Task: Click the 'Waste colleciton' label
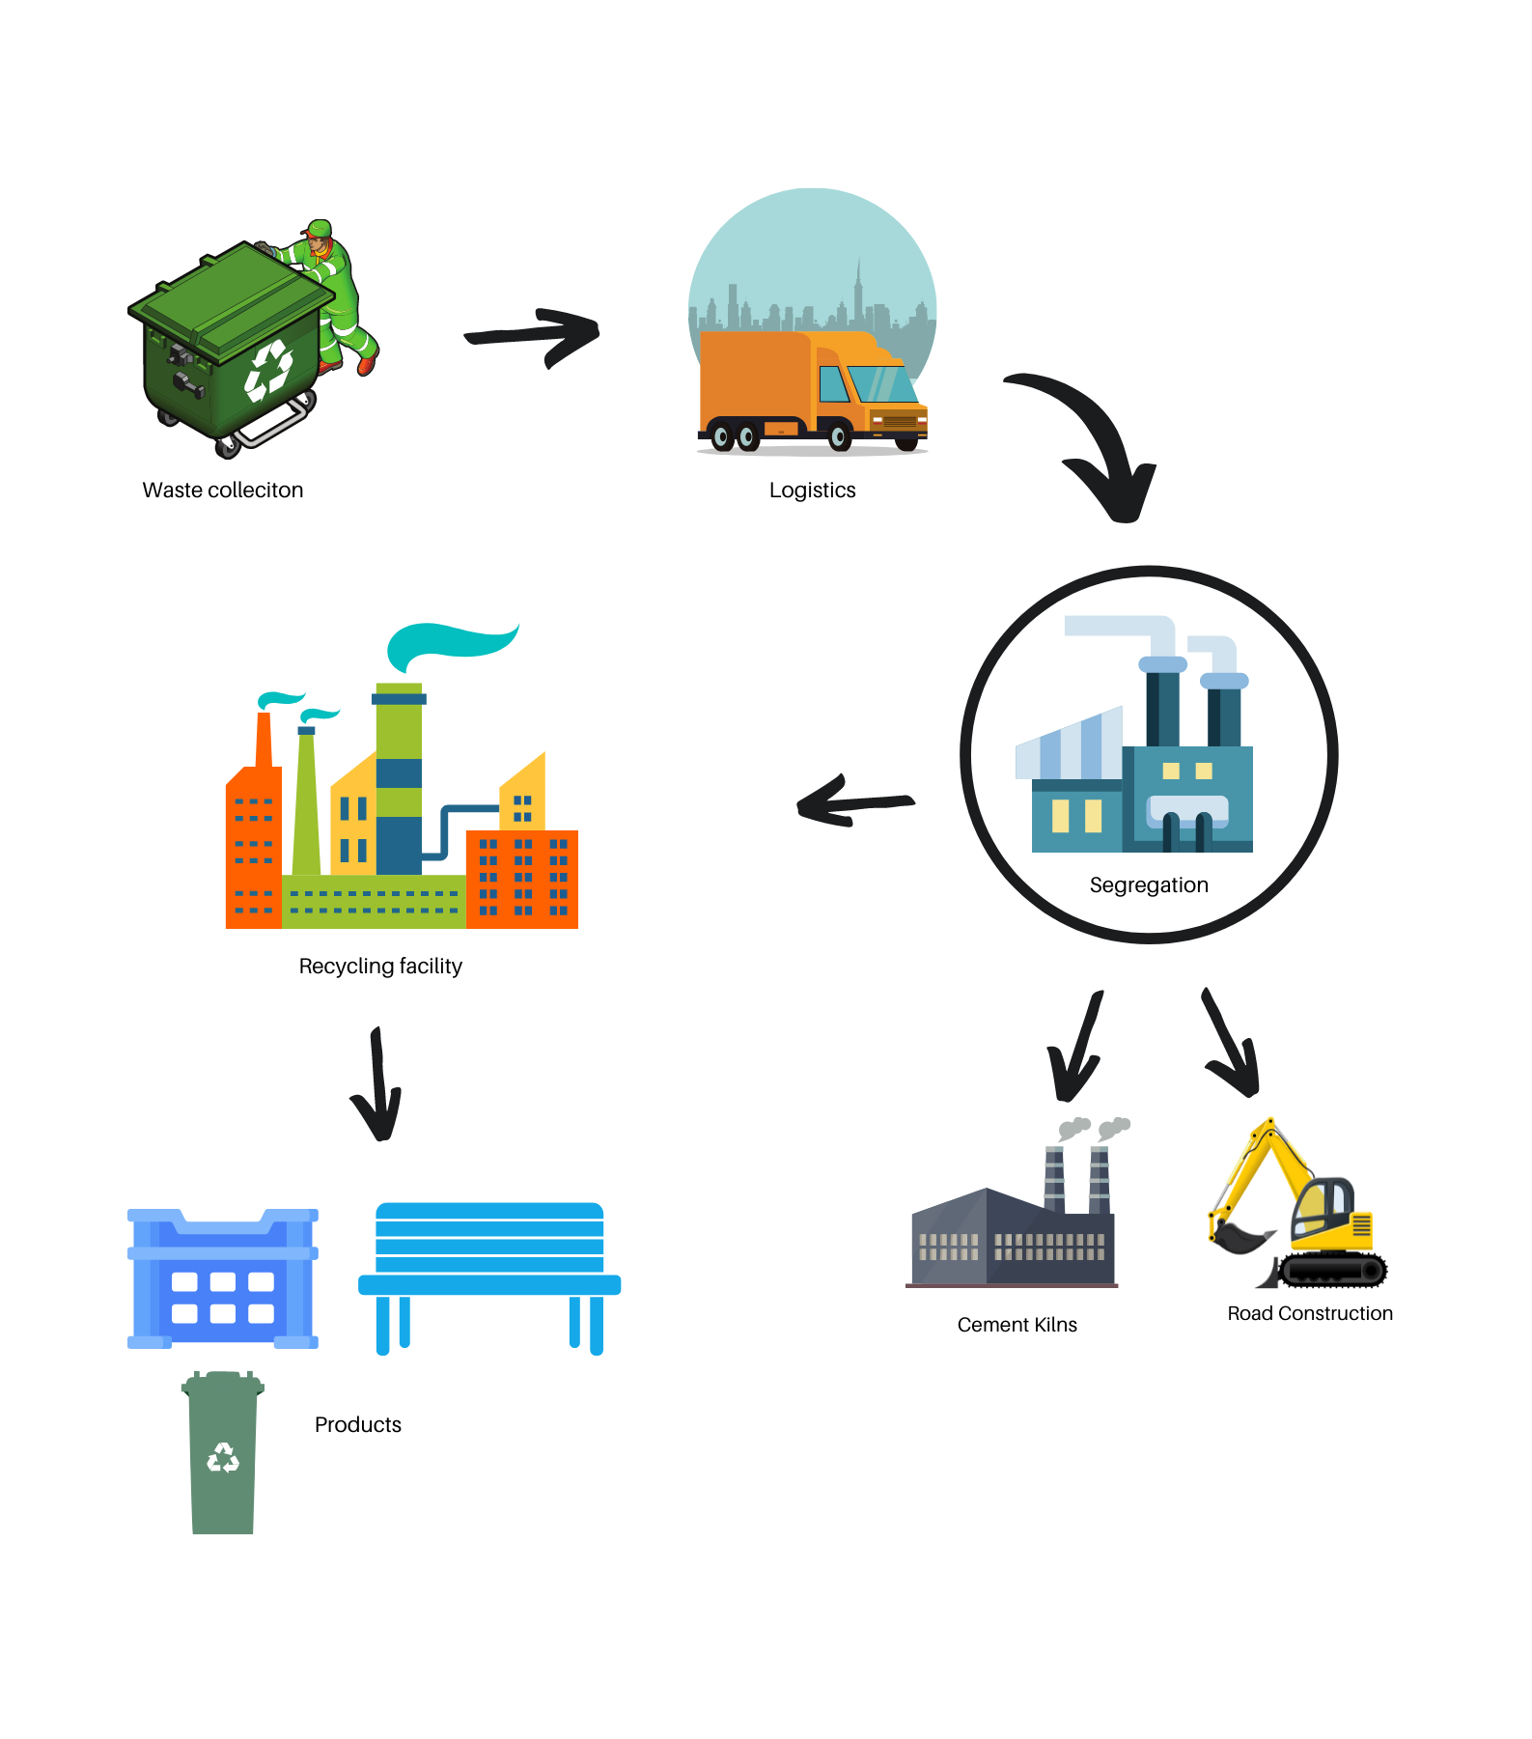point(223,491)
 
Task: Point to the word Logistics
point(812,491)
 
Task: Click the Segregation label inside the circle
point(1149,885)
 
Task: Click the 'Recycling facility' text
point(380,967)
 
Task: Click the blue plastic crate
point(223,1279)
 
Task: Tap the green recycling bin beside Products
point(223,1453)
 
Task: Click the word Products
point(357,1425)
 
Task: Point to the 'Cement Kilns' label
point(1017,1326)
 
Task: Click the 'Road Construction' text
point(1310,1314)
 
